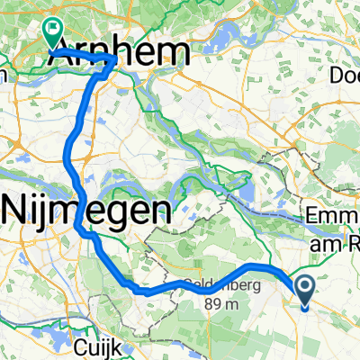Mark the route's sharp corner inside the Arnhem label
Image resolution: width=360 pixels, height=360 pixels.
113,60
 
